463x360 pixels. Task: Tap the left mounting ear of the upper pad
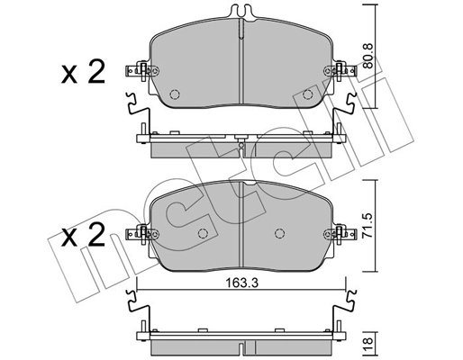(x=141, y=71)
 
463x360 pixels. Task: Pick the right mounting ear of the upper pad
(x=340, y=71)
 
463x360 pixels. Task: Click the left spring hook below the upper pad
(x=132, y=104)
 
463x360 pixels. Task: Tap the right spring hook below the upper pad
(x=350, y=104)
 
